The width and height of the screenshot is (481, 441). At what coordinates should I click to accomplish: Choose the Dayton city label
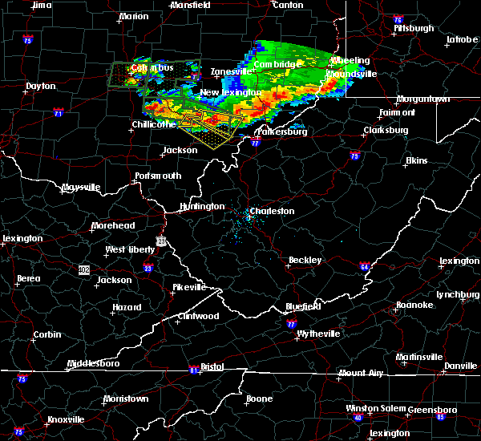click(41, 86)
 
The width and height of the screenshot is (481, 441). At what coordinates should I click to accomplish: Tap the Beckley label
click(305, 260)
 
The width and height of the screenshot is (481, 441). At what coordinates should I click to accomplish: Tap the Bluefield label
click(304, 306)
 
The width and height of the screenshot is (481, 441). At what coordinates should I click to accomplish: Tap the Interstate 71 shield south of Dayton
click(59, 113)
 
